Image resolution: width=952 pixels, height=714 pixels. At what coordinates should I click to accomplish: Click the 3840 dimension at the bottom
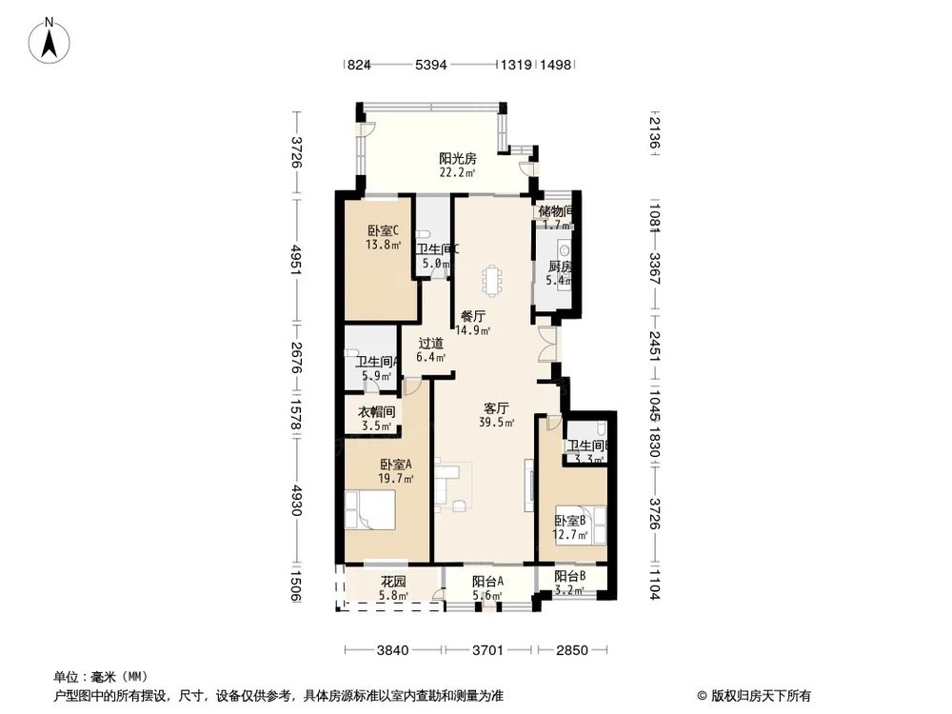click(392, 651)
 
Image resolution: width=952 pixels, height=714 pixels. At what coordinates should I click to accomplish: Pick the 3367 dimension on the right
click(653, 260)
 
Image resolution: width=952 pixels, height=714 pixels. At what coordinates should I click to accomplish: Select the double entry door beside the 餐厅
click(545, 345)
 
